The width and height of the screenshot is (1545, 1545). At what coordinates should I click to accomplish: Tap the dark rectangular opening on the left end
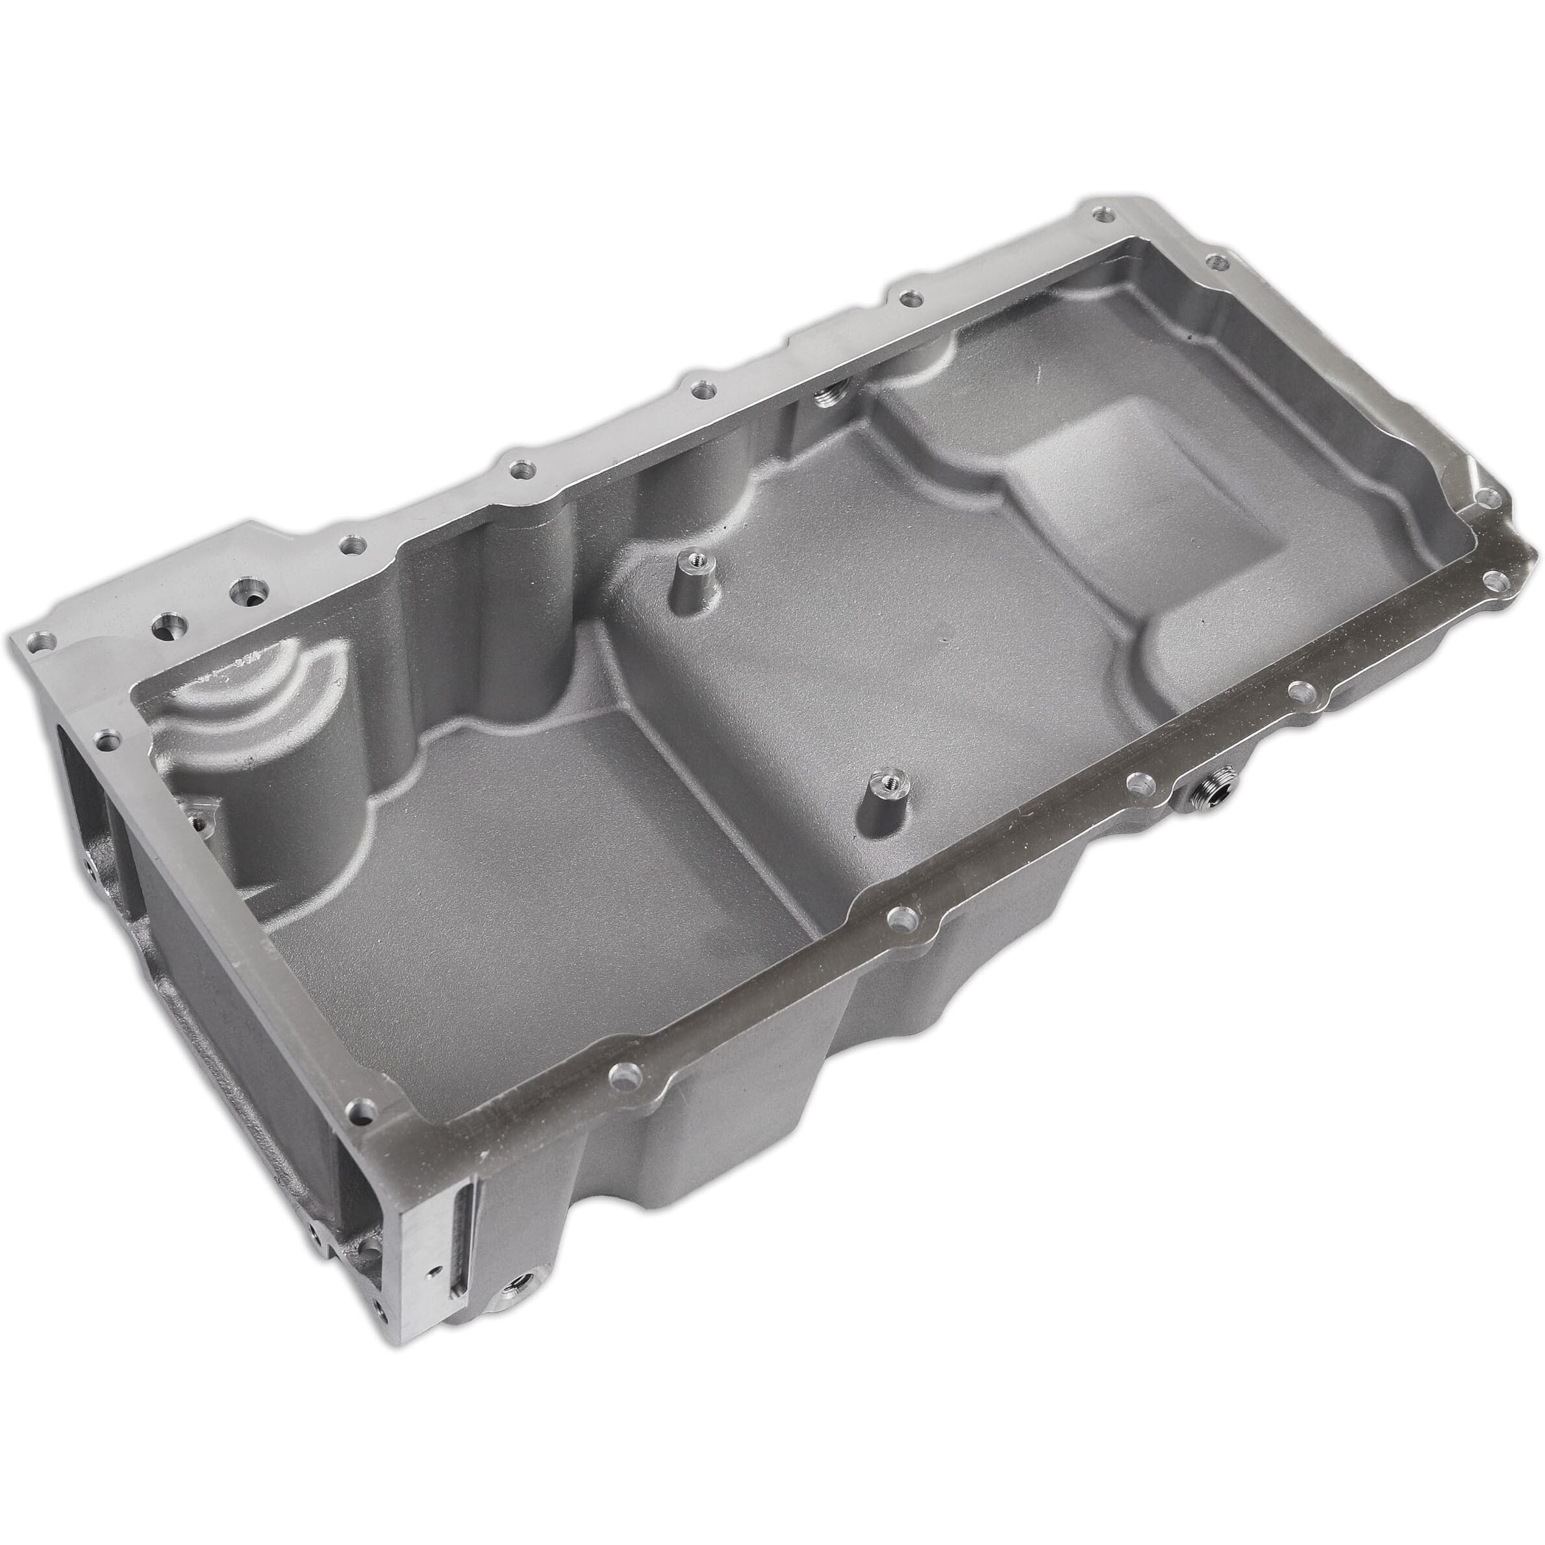coord(88,760)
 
